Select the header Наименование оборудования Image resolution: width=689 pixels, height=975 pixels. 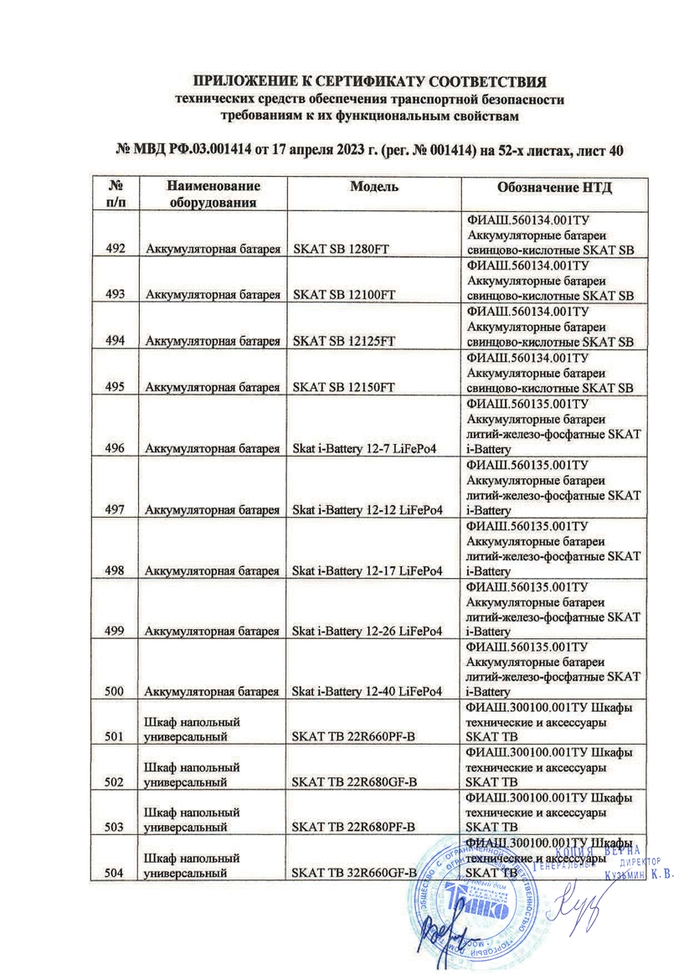point(213,193)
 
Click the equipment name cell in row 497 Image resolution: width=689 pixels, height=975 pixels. point(211,509)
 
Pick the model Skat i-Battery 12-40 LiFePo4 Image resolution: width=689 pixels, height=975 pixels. point(366,691)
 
